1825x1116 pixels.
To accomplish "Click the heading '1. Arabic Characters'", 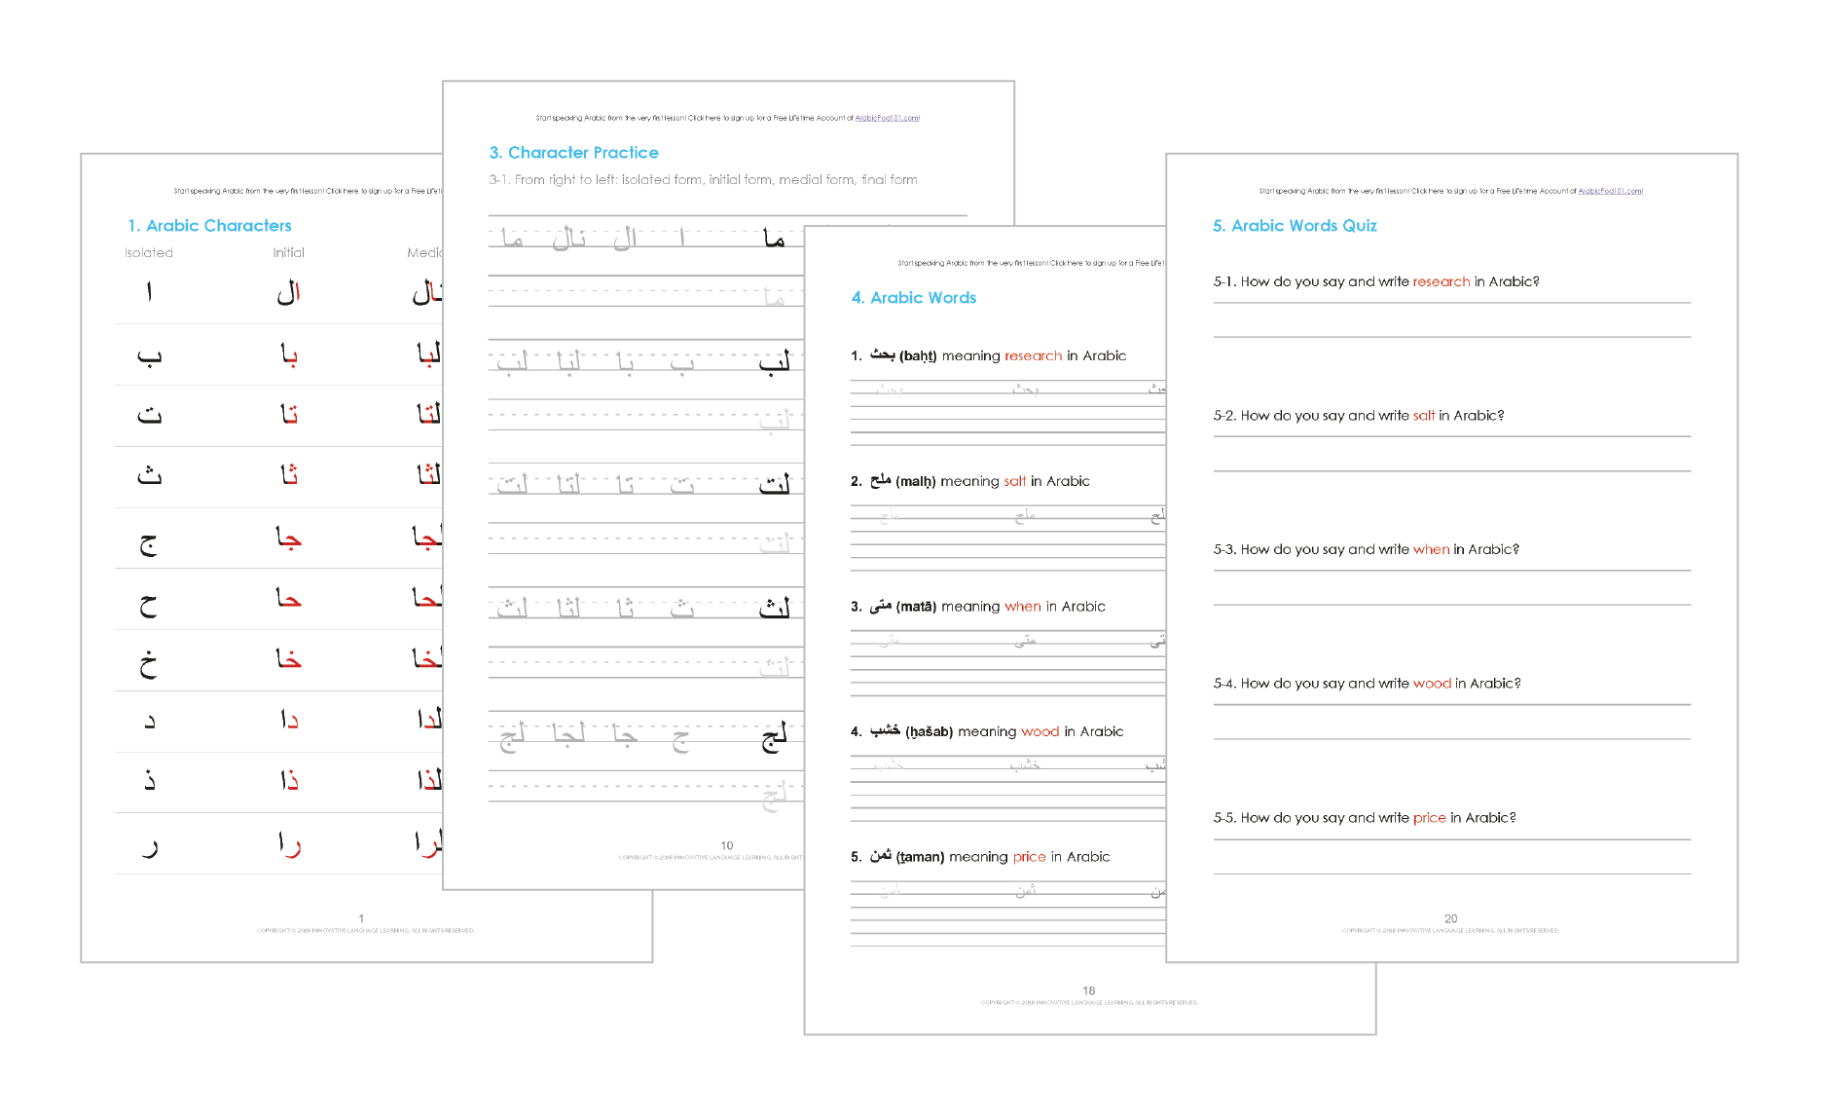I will (209, 226).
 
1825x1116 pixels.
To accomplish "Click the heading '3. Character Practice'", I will (573, 153).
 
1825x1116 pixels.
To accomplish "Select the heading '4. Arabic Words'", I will (913, 298).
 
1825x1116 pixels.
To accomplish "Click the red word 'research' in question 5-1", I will (1441, 281).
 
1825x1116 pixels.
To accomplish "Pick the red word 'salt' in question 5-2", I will (1423, 416).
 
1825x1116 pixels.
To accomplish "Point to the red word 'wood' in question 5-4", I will (1432, 684).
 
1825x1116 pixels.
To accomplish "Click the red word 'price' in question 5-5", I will (1429, 818).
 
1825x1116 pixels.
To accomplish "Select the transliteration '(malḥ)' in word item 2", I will (915, 482).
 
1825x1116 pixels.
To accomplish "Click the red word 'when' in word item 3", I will (1022, 607).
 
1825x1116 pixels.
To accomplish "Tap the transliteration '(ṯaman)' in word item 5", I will (920, 857).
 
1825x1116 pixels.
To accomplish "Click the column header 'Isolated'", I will (149, 253).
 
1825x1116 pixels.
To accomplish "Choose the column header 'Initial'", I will (288, 253).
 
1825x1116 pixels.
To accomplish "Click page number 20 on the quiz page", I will (1450, 918).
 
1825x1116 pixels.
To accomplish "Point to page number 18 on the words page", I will (1088, 990).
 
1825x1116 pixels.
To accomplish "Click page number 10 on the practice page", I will (726, 845).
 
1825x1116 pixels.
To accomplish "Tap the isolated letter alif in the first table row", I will (149, 292).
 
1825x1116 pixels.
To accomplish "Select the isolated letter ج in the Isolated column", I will (148, 541).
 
